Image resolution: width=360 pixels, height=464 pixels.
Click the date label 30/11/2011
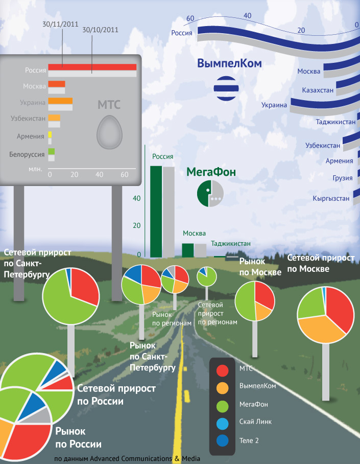pyautogui.click(x=60, y=24)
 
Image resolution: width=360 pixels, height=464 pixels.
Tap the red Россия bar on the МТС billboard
pyautogui.click(x=92, y=67)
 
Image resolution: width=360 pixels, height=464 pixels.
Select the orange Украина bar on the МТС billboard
pyautogui.click(x=60, y=101)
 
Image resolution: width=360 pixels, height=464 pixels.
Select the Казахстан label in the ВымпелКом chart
pyautogui.click(x=318, y=90)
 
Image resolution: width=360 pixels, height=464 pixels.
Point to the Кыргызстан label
pyautogui.click(x=331, y=198)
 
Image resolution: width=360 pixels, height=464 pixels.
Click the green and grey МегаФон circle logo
pyautogui.click(x=210, y=193)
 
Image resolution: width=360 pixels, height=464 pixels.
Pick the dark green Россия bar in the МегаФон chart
pyautogui.click(x=156, y=212)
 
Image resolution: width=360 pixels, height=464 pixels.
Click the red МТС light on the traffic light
pyautogui.click(x=222, y=369)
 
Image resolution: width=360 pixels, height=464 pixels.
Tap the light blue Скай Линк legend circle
pyautogui.click(x=222, y=422)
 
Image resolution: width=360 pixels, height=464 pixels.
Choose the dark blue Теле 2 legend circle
pyautogui.click(x=222, y=440)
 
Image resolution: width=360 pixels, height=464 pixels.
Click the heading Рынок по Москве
pyautogui.click(x=260, y=267)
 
